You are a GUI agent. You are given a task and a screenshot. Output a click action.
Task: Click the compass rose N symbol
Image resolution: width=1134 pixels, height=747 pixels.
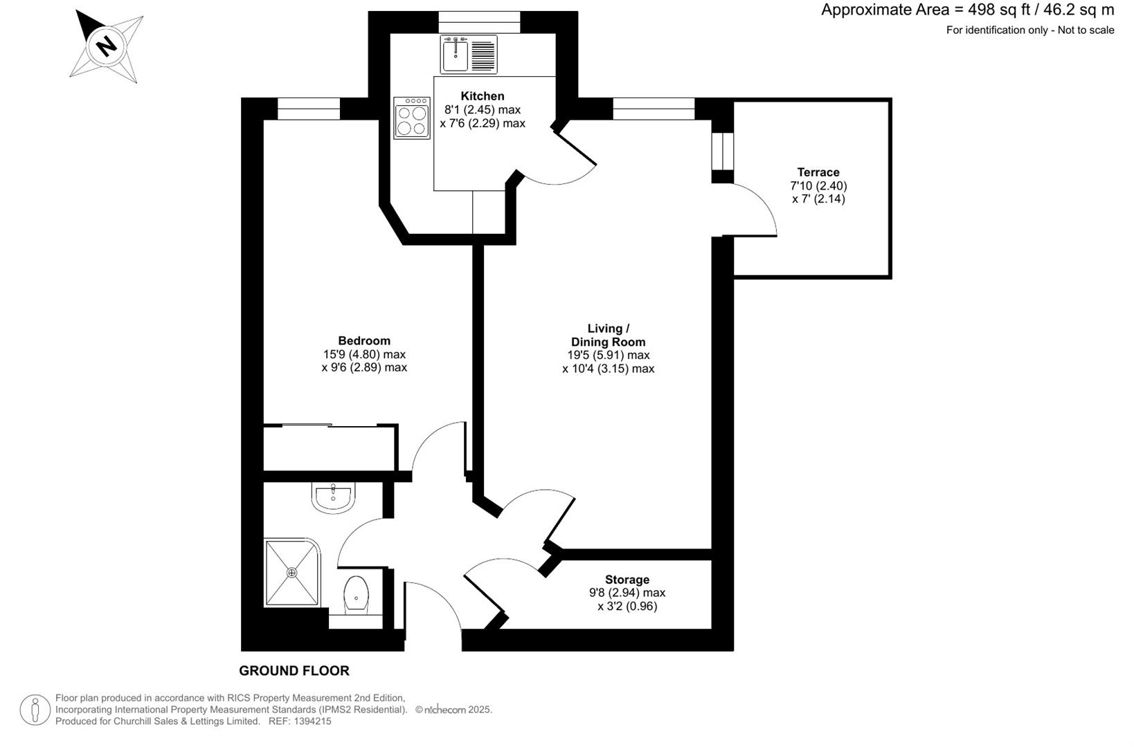click(x=106, y=46)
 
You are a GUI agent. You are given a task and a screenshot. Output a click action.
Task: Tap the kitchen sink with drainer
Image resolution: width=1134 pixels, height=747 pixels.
click(x=469, y=54)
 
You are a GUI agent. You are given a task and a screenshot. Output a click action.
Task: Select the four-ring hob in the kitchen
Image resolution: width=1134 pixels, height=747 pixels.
click(x=412, y=118)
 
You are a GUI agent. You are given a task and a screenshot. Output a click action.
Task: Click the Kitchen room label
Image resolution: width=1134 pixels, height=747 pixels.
click(x=483, y=96)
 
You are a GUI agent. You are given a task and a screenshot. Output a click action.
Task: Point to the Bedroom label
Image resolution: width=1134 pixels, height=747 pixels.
click(x=364, y=340)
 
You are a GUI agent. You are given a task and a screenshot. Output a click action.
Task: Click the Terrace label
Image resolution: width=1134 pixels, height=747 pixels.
click(x=818, y=172)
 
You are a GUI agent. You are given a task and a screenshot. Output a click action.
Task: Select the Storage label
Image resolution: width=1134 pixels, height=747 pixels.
click(x=627, y=580)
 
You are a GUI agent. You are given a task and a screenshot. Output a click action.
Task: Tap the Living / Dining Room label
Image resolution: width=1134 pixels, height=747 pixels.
click(x=608, y=335)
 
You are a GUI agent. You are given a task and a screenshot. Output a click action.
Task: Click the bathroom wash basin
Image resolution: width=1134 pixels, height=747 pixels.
click(x=333, y=497)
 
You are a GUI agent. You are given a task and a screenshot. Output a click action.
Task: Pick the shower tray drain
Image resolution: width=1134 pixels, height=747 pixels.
click(x=292, y=572)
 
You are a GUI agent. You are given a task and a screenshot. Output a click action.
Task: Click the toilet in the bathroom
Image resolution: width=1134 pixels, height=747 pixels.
click(x=357, y=594)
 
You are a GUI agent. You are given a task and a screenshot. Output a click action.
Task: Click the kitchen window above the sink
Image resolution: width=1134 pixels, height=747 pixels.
click(x=479, y=22)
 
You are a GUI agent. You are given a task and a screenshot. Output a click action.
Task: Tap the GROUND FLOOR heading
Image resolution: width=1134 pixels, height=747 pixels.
click(x=294, y=671)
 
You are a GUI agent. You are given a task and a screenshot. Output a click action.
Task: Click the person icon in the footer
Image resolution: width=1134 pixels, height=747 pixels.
click(x=35, y=710)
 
